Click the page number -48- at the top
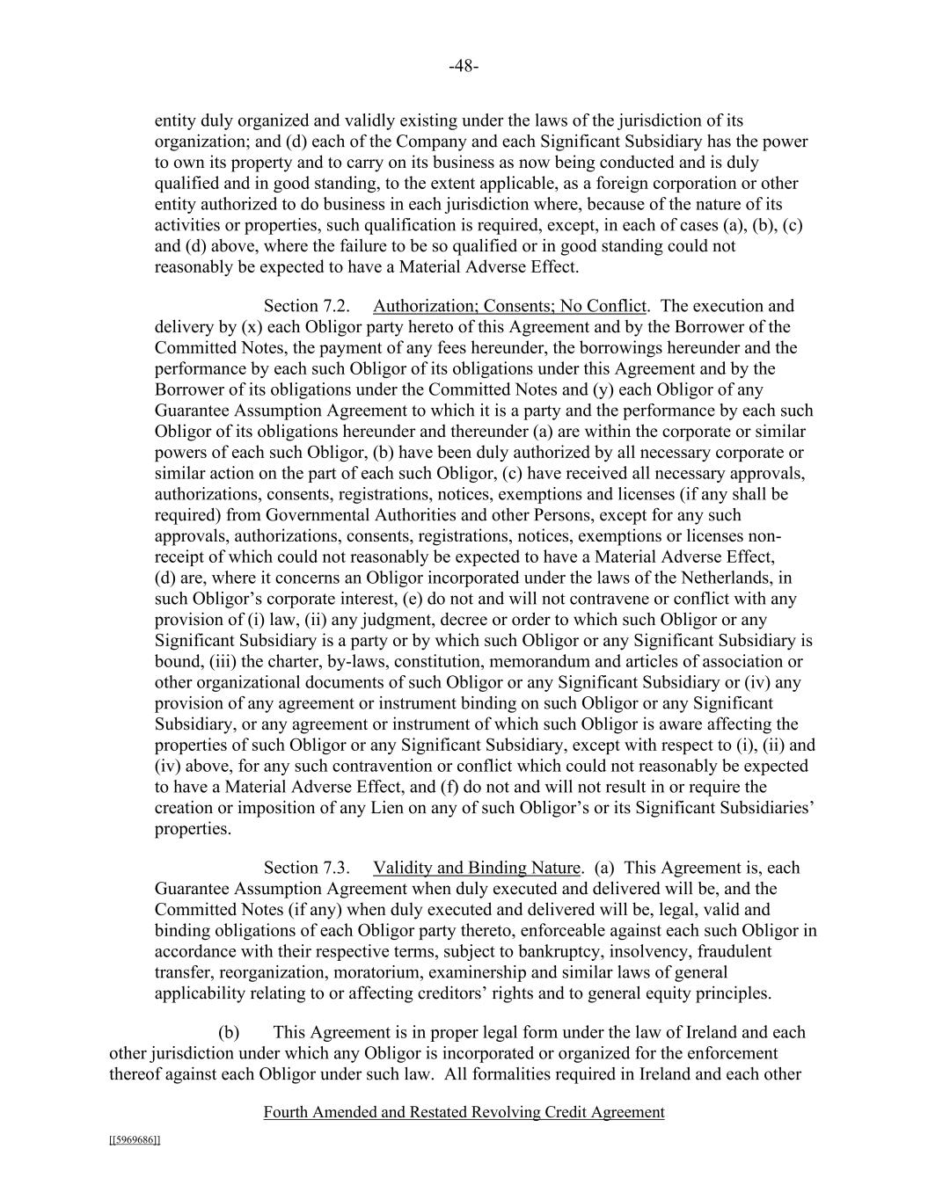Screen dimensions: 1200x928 (x=464, y=66)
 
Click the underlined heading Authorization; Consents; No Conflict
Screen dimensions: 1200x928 (x=509, y=306)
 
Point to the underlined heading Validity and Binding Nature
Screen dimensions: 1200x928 (x=477, y=868)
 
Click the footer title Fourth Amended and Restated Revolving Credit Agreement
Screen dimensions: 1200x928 (x=464, y=1112)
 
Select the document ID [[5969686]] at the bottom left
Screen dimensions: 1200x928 (x=135, y=1140)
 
